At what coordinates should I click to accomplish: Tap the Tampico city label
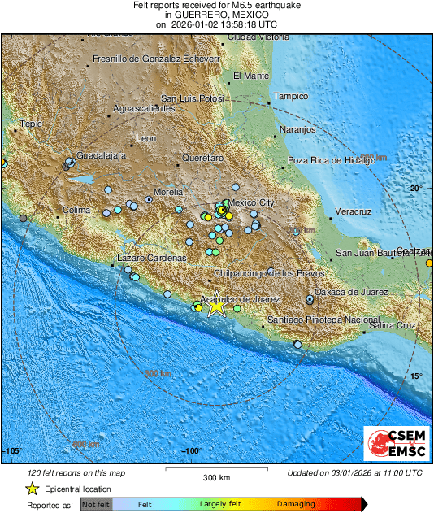[x=290, y=96]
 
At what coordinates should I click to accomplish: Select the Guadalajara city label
[x=101, y=154]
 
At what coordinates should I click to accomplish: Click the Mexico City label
[x=252, y=202]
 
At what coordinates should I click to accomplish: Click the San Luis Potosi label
[x=191, y=98]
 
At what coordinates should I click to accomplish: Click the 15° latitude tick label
[x=416, y=376]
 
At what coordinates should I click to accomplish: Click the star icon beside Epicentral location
[x=32, y=489]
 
